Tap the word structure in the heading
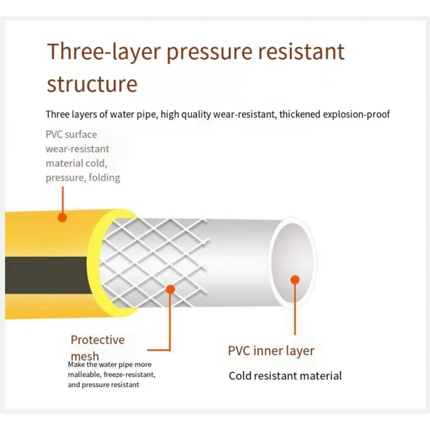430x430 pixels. (92, 84)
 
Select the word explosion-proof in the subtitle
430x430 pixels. (356, 114)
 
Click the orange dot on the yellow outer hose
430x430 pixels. (63, 218)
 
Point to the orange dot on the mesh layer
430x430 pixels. (170, 289)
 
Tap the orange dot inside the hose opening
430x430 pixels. (295, 280)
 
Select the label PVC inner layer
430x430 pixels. (271, 351)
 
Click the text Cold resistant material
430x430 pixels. (285, 376)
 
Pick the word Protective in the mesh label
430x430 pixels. (97, 340)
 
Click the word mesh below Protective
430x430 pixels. (85, 356)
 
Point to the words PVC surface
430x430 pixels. (71, 134)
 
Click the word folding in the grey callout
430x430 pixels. (105, 178)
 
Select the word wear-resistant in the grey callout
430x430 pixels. (77, 149)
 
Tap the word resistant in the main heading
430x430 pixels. (302, 52)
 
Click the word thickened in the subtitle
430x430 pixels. (300, 114)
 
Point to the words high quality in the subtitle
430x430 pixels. (186, 114)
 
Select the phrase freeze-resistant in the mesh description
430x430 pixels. (129, 375)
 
